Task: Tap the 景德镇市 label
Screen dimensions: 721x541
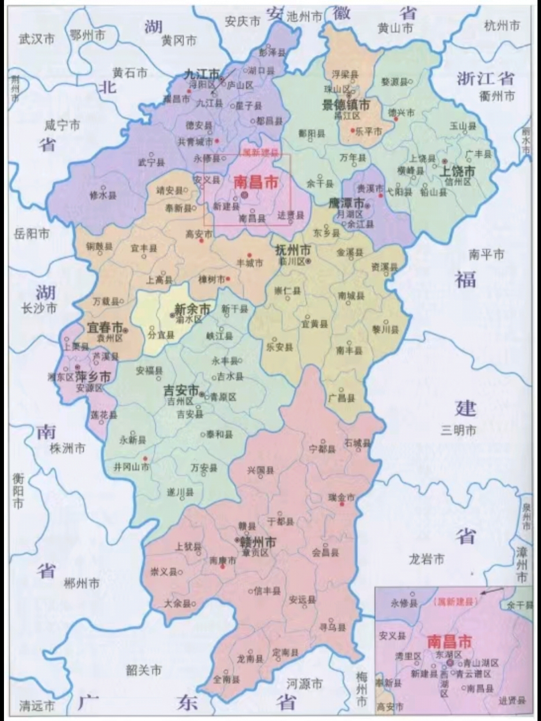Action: tap(345, 104)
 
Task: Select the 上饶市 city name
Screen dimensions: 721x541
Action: tap(458, 171)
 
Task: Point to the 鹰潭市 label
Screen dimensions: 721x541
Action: tap(348, 203)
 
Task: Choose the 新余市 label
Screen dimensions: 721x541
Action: tap(192, 309)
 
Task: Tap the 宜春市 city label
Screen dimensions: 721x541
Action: tap(104, 327)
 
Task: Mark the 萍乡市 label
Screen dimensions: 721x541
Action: tap(93, 376)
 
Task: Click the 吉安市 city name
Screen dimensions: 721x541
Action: tap(181, 390)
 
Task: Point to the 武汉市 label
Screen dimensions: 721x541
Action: tap(37, 39)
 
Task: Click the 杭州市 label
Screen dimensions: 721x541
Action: tap(503, 25)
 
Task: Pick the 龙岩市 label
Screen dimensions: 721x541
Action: tap(426, 559)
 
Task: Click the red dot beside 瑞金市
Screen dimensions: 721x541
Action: tap(342, 504)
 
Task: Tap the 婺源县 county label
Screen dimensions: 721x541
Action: tap(394, 82)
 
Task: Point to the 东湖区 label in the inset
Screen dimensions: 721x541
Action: tap(449, 655)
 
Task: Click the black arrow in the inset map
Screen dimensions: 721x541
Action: tap(494, 591)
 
